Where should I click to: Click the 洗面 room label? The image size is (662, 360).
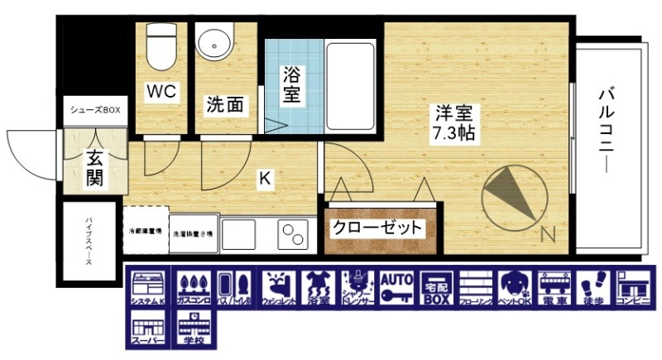click(x=223, y=105)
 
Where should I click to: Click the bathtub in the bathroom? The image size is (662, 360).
click(x=351, y=81)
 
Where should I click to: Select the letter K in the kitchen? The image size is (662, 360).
click(x=265, y=177)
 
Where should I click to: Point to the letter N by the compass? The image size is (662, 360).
click(x=547, y=234)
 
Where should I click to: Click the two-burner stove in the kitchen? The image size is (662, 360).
click(x=290, y=233)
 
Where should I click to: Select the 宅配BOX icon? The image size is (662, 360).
click(x=437, y=289)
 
